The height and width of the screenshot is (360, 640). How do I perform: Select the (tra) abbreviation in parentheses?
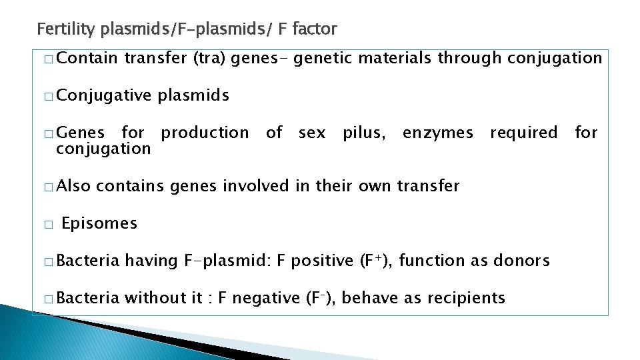(210, 59)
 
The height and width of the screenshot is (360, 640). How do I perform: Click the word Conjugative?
(104, 96)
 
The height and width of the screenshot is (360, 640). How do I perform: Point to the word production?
(205, 133)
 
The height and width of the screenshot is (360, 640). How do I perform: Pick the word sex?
(312, 133)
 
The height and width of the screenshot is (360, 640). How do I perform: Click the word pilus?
(363, 133)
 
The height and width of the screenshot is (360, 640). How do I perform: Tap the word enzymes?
(437, 133)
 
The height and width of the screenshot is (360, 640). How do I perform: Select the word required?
(523, 133)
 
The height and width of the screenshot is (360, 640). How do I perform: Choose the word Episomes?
(99, 223)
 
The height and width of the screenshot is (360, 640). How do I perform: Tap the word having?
(151, 261)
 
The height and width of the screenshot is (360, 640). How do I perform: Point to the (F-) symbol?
(321, 298)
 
